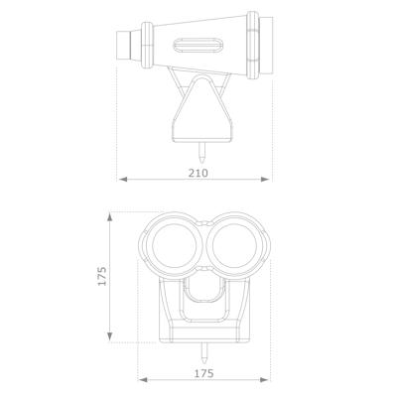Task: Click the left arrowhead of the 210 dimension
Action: click(x=122, y=180)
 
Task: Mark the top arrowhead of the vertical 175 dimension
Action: click(x=111, y=214)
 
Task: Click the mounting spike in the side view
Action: click(x=202, y=154)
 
